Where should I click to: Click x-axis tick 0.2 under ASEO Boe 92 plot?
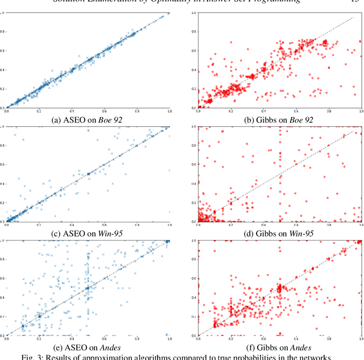[x=39, y=113]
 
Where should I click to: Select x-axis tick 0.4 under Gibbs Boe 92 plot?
[x=263, y=113]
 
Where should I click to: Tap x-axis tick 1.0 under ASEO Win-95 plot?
[x=169, y=226]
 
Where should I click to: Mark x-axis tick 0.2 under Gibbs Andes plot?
[x=231, y=340]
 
